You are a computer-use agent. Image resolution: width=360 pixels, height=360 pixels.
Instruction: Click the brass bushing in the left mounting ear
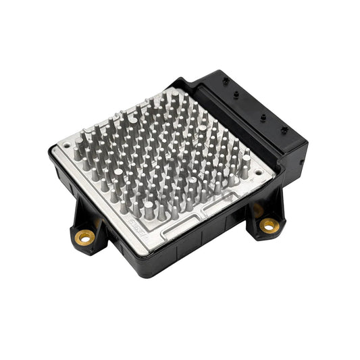point(85,236)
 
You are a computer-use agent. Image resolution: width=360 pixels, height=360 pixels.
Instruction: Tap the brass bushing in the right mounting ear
point(269,225)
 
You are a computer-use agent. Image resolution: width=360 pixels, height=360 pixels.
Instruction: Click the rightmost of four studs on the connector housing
point(284,130)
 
